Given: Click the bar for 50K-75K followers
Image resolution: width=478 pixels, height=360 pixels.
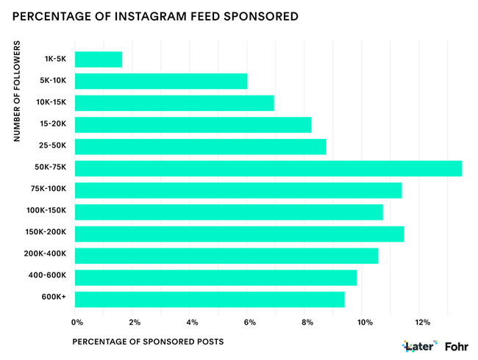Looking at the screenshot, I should point(268,168).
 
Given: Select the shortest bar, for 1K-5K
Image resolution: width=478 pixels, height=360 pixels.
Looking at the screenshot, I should point(99,60).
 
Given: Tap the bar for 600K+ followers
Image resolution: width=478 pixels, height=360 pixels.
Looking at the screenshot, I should point(210,299).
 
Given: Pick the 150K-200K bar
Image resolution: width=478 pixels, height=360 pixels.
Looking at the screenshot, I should point(239,234).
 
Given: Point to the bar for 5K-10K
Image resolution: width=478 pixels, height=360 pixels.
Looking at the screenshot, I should point(161,81).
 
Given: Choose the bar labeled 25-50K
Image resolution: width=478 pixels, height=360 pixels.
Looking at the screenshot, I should point(200,147).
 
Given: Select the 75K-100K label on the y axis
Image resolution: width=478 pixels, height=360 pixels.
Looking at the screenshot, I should point(50,190).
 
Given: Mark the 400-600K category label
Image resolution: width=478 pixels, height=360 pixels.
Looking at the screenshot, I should point(50,277).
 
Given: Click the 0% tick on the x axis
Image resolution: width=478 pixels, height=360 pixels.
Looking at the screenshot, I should point(76,322).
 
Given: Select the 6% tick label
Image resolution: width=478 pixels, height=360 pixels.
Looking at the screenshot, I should point(249,322).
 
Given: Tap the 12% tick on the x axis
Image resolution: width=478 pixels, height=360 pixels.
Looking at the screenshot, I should point(422,322).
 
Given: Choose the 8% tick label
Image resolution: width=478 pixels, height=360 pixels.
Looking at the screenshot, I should point(307,322).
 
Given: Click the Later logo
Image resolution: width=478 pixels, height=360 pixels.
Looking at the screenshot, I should point(420,345).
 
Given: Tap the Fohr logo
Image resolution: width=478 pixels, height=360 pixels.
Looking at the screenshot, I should point(460,345).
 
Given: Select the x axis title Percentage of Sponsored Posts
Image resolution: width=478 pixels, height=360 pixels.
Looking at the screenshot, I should point(147,342).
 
